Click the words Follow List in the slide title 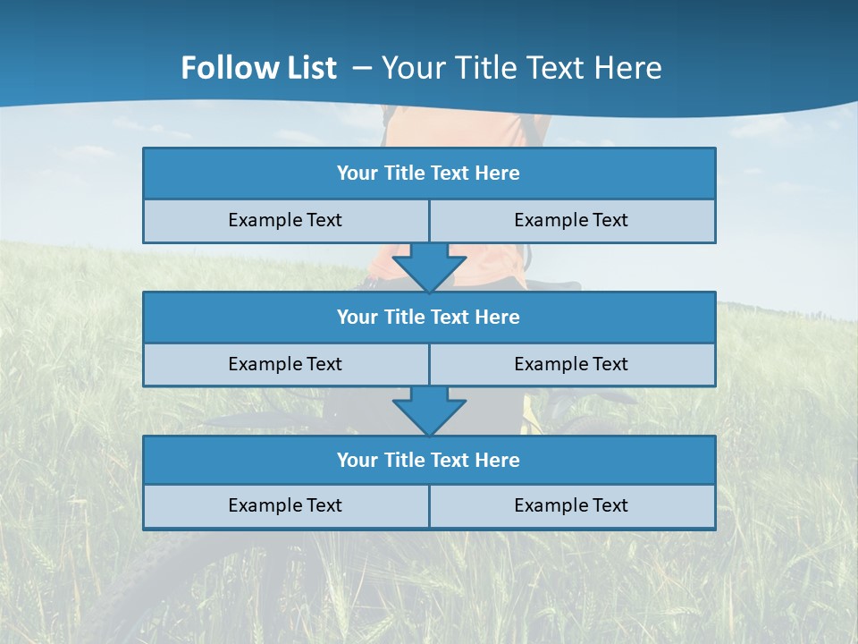259,68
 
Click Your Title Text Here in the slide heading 521,68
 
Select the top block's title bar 429,174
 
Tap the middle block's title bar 429,317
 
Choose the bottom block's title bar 429,460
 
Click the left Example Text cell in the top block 285,220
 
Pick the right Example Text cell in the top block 571,220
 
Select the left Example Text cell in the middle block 285,364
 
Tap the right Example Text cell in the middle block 571,364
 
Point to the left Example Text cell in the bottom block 285,505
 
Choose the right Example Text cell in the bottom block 571,505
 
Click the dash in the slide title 363,68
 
